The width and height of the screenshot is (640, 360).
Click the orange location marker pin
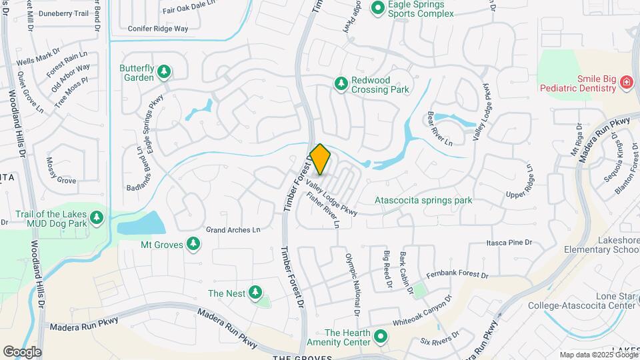click(321, 159)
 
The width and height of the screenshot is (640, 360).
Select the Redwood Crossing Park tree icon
click(341, 83)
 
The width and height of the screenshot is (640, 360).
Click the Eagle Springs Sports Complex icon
click(378, 8)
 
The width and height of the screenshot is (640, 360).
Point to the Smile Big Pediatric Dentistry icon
click(626, 83)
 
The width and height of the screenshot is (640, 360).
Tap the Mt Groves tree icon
click(193, 244)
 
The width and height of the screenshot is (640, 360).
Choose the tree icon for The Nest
click(255, 293)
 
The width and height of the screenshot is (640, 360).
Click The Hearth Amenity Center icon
click(381, 337)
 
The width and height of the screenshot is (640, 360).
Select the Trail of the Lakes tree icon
click(97, 218)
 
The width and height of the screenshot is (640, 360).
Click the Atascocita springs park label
click(423, 200)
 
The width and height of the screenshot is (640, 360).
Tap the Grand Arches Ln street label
click(233, 230)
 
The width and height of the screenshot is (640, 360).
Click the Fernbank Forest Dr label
click(457, 274)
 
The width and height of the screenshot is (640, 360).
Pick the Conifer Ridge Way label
click(158, 29)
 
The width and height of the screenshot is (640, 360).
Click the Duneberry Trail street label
click(63, 13)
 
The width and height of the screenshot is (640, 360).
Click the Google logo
click(22, 352)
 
